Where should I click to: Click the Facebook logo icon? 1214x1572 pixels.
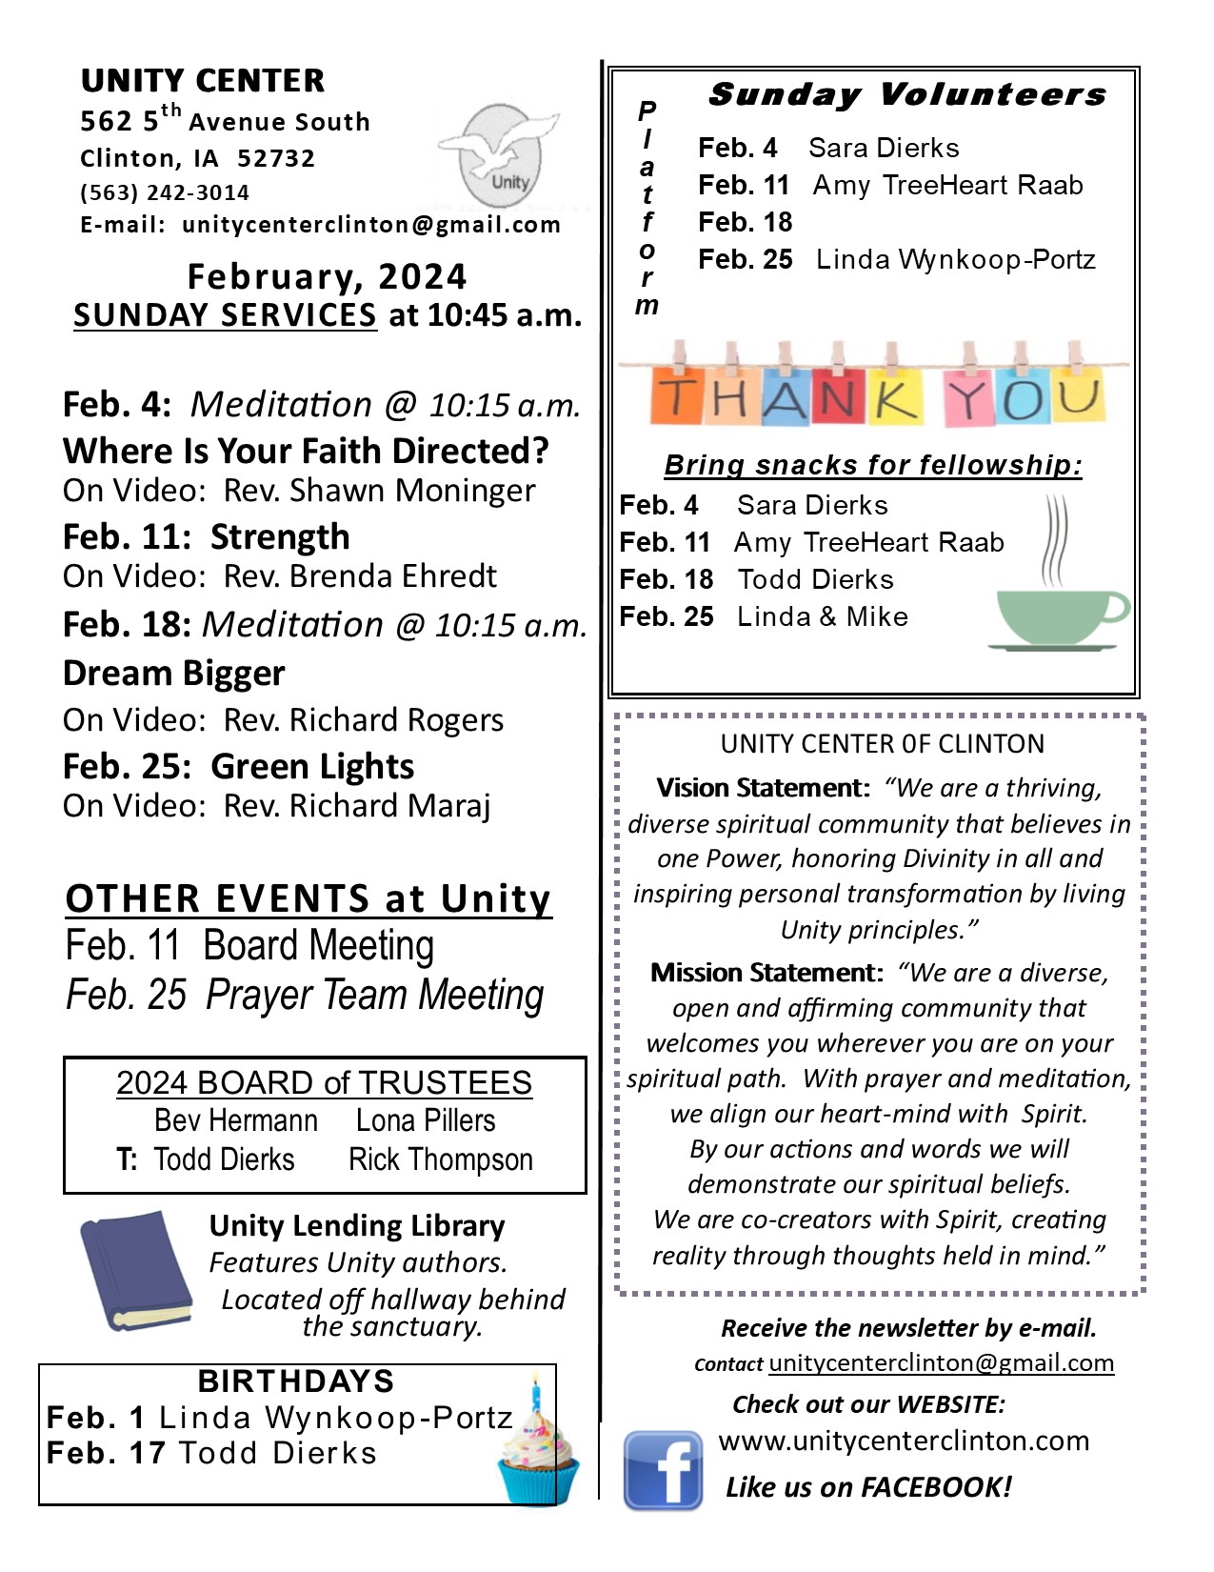click(x=663, y=1469)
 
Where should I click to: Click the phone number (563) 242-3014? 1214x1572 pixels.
click(x=165, y=192)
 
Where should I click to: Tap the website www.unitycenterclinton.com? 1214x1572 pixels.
click(x=904, y=1441)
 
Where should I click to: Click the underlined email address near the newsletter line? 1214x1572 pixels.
click(x=941, y=1362)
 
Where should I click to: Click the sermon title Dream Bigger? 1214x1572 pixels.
click(x=174, y=673)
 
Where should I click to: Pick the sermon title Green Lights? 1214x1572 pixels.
click(x=312, y=766)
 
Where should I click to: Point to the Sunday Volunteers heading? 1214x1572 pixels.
click(x=907, y=94)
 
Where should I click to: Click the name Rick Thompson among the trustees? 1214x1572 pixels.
click(x=441, y=1159)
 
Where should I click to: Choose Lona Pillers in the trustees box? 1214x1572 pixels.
click(x=426, y=1120)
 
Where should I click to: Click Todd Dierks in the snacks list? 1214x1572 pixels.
click(x=816, y=579)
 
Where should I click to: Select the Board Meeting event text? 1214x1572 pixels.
click(x=319, y=945)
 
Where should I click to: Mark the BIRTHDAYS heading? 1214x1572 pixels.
click(x=296, y=1381)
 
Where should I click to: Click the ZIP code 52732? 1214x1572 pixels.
click(x=276, y=158)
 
